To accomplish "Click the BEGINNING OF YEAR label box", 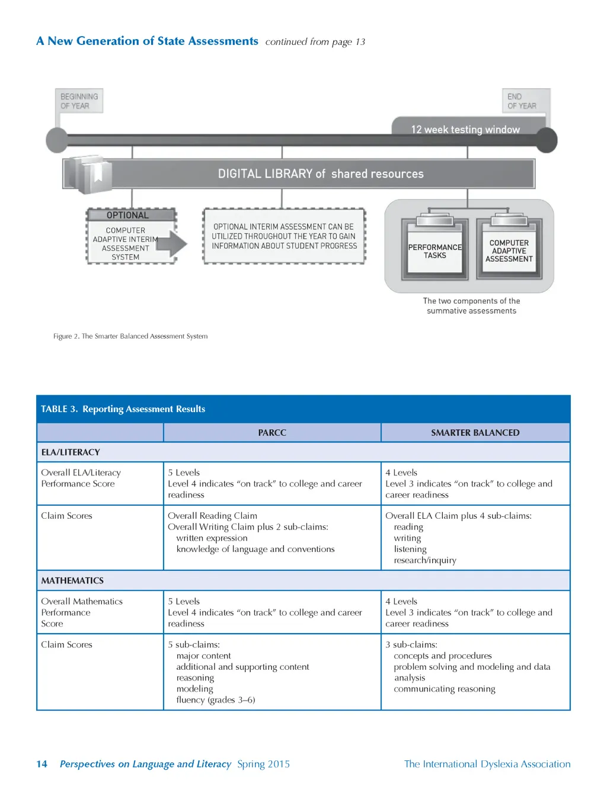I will coord(79,101).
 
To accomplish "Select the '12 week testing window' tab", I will coord(465,129).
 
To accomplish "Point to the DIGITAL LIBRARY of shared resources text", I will coord(321,174).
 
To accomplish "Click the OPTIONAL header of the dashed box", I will coord(127,215).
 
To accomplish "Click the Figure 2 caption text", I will coord(130,336).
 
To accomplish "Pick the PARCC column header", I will coord(272,433).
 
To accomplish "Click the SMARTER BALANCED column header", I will coord(475,433).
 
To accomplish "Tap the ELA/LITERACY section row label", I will coord(71,452).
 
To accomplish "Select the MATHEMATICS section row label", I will coord(72,581).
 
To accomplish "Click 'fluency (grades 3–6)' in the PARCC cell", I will coord(216,700).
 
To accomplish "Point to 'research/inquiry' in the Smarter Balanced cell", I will coord(425,560).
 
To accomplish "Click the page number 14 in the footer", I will coord(41,764).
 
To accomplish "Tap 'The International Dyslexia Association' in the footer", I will coord(487,764).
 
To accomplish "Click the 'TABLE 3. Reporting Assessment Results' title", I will coord(123,409).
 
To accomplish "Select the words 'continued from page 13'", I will coord(315,42).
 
